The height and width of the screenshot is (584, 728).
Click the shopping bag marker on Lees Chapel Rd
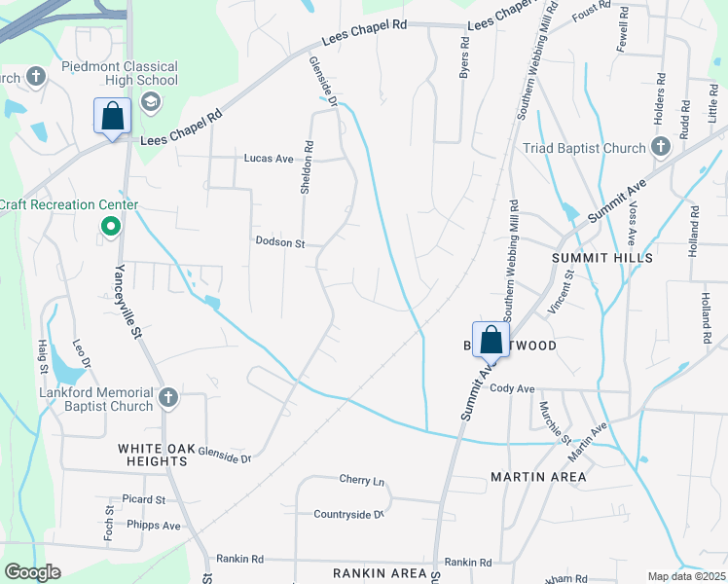coord(113,116)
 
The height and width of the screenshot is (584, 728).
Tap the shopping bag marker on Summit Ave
coord(491,341)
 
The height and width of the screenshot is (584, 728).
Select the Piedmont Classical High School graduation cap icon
coord(151,101)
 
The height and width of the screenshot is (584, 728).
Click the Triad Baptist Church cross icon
coord(661,148)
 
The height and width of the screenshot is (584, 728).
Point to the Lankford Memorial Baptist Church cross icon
coord(168,397)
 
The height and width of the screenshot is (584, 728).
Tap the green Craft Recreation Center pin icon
coord(111,227)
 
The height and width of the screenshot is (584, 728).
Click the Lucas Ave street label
coord(268,158)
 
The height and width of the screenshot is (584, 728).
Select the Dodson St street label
coord(280,240)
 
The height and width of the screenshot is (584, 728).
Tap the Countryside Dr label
coord(349,513)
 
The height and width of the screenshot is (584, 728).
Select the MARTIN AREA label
coord(538,477)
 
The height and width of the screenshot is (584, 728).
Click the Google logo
coord(31,572)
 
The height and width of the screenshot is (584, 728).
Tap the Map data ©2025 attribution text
coord(685,576)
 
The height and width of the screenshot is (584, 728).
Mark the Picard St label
coord(137,499)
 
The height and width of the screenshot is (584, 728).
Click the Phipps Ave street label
coord(154,525)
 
